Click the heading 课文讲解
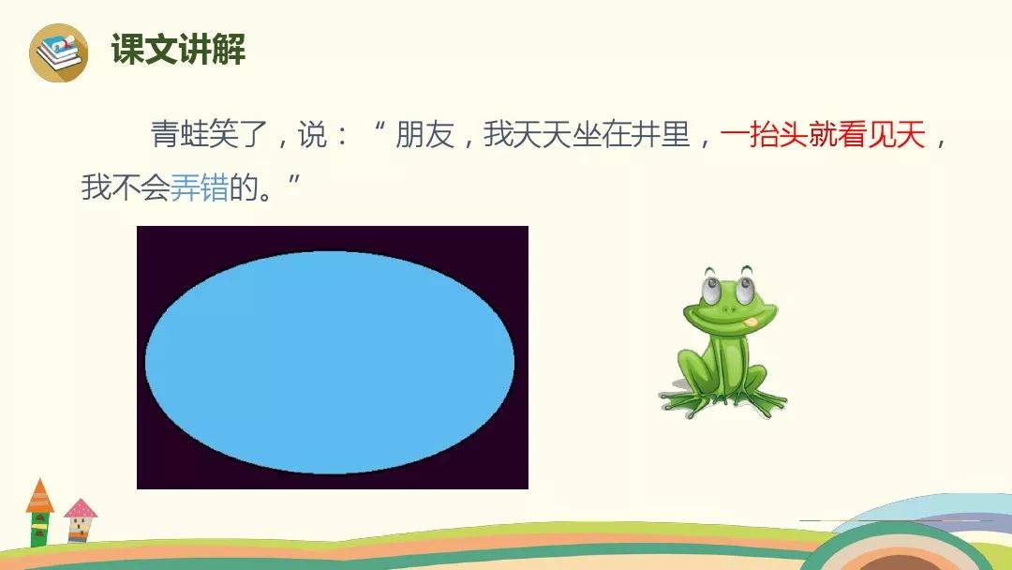178,49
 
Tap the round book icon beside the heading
59,52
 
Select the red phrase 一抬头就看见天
823,136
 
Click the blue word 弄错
200,187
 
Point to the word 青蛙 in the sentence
179,136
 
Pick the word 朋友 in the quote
424,136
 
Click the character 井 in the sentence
646,136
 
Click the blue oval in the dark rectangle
330,362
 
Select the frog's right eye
745,288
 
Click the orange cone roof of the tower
40,496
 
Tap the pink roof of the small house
81,508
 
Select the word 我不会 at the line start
126,187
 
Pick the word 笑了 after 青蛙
239,136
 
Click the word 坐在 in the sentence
602,136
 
